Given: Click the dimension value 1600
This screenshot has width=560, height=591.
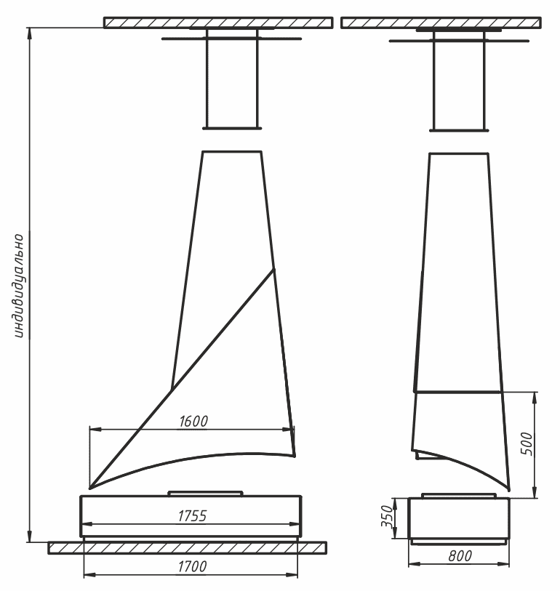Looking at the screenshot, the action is (193, 421).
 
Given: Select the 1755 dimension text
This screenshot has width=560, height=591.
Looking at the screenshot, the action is (192, 515).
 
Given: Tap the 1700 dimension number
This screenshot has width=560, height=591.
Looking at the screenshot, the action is (192, 566).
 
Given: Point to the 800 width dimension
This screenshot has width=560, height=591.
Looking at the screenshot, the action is (460, 555).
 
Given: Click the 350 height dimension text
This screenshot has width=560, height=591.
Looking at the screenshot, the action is (387, 516).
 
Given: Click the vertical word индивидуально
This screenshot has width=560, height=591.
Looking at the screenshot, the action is (17, 286).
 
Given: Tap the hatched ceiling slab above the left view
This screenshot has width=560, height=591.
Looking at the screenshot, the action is (218, 23).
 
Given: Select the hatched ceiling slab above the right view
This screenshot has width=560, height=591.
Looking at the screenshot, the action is (441, 23).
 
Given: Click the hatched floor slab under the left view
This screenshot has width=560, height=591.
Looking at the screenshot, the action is (187, 547).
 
